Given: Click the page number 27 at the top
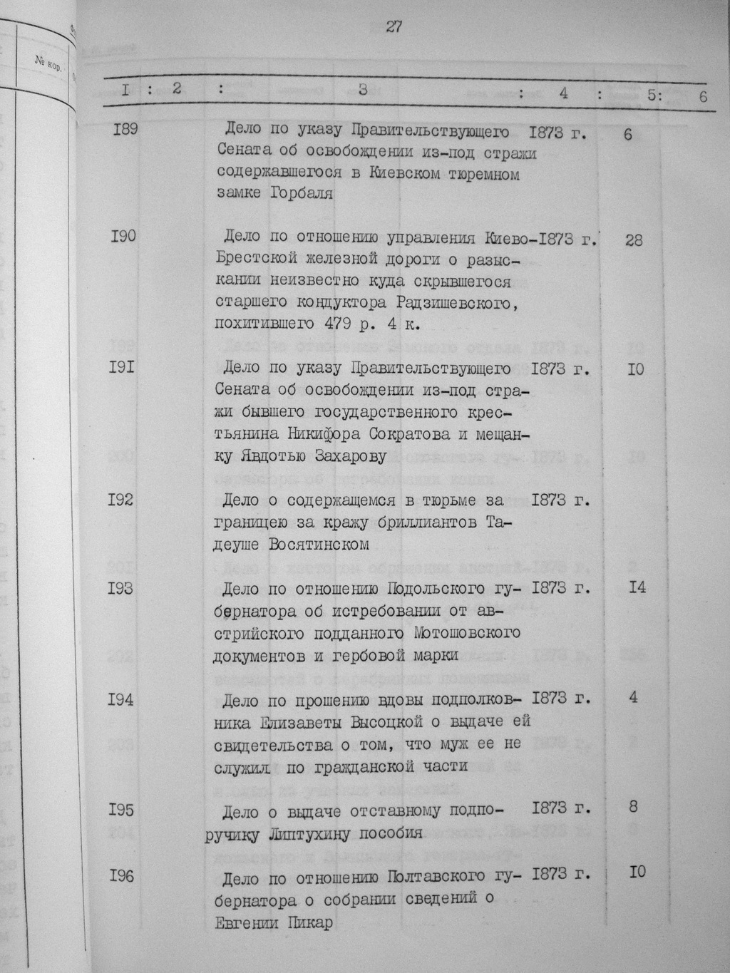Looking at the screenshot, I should pyautogui.click(x=394, y=27).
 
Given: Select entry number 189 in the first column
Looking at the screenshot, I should pyautogui.click(x=125, y=129).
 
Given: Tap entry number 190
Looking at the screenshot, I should pyautogui.click(x=124, y=236).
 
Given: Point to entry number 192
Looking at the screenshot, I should pyautogui.click(x=121, y=500).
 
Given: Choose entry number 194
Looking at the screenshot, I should pyautogui.click(x=121, y=700).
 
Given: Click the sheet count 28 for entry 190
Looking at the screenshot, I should pyautogui.click(x=634, y=240).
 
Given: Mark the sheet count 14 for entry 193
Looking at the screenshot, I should pyautogui.click(x=637, y=588).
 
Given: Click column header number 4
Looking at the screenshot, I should pyautogui.click(x=563, y=93).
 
